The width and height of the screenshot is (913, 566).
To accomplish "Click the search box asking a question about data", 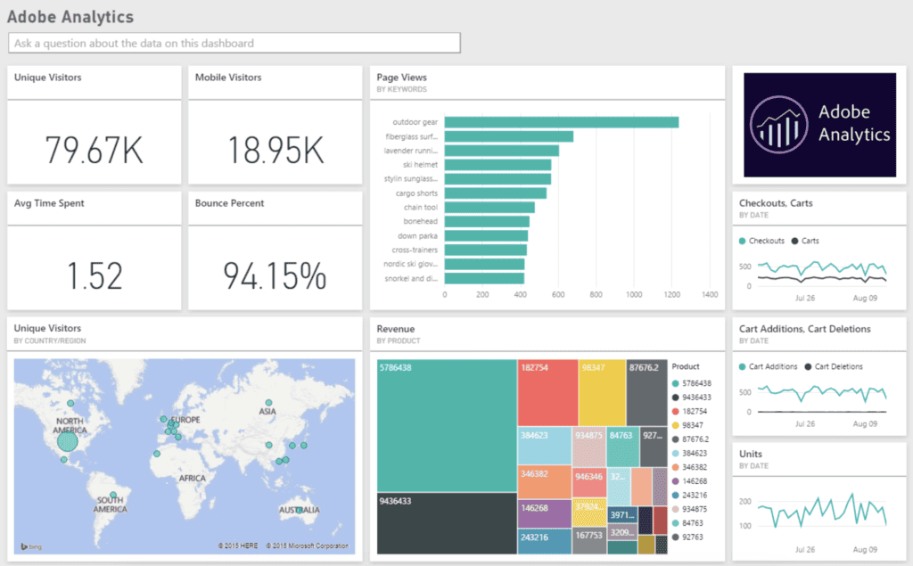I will (x=234, y=43).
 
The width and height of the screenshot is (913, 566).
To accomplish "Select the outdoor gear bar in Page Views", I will (x=561, y=122).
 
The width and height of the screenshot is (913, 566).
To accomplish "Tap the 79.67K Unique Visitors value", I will (x=94, y=150).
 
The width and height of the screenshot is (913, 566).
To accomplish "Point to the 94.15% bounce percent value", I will (x=275, y=276).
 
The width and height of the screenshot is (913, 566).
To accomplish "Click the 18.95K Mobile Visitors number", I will (x=275, y=150).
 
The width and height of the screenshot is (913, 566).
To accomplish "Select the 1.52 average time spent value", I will (x=95, y=276).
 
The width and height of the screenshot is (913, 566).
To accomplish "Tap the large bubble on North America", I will (x=68, y=440).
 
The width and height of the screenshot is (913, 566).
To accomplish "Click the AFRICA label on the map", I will (x=192, y=478).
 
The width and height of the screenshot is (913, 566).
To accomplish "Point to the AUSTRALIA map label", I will (x=299, y=511).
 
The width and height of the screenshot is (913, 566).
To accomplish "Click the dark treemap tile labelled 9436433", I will (x=446, y=522).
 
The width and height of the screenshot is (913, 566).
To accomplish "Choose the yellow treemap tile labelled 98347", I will (x=602, y=392).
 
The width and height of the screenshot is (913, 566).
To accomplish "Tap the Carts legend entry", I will (x=810, y=241).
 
